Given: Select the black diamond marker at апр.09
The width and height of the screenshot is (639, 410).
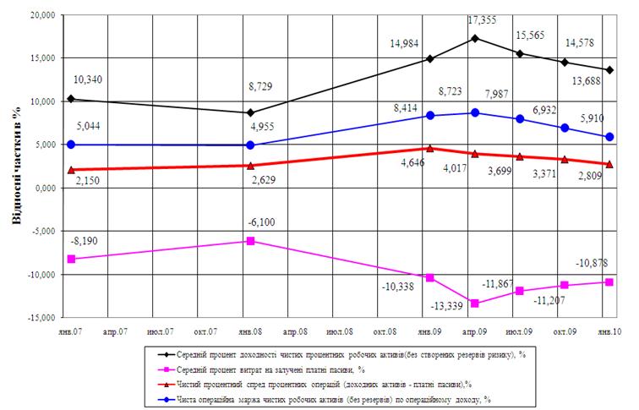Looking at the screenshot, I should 476,38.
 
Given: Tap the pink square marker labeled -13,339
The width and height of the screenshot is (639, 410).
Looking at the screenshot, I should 476,303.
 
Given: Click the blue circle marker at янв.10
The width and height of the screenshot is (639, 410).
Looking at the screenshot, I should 609,137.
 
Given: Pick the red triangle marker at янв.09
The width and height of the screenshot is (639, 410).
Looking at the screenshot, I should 430,148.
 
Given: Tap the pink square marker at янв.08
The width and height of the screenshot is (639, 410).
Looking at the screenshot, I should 250,241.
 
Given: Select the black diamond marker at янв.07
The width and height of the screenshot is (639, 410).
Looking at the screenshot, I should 70,99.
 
